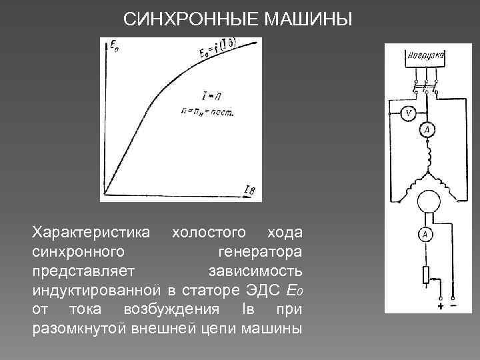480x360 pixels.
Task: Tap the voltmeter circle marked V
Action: pyautogui.click(x=409, y=114)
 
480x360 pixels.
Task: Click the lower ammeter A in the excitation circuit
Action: pyautogui.click(x=425, y=233)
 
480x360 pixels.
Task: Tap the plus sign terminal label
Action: pyautogui.click(x=441, y=307)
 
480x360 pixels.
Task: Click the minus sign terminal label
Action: pyautogui.click(x=454, y=307)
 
